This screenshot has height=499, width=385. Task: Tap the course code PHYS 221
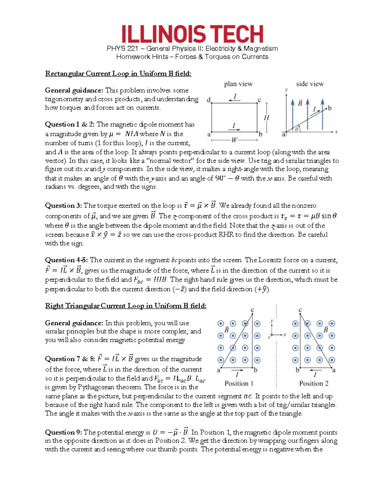click(122, 49)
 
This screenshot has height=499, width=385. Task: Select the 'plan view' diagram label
click(238, 84)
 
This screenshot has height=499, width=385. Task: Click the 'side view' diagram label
click(310, 84)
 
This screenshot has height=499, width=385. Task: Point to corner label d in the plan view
click(209, 100)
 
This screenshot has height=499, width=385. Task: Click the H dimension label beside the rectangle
click(266, 118)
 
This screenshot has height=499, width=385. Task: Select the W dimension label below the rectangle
click(235, 140)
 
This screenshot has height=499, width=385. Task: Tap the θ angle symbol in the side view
click(297, 129)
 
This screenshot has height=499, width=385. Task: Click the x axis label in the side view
click(336, 132)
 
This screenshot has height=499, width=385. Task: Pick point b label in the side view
click(329, 108)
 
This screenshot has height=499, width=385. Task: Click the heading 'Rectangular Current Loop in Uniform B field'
click(118, 74)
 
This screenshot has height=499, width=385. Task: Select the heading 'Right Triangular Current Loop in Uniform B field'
click(126, 306)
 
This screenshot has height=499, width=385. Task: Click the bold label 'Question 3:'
click(64, 206)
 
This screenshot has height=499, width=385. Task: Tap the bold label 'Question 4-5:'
click(67, 260)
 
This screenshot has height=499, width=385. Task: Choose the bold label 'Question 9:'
click(64, 432)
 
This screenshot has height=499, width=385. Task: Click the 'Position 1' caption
click(239, 383)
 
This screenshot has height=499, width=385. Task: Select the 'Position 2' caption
click(314, 383)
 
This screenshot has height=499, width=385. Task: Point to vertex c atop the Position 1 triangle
click(252, 310)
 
